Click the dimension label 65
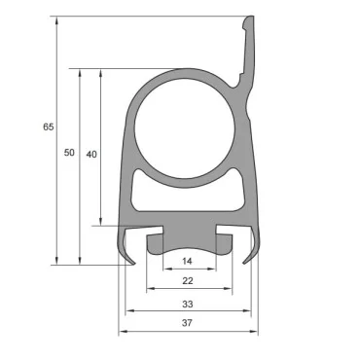pos(47,127)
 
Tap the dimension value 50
pos(69,154)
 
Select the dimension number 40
pos(90,154)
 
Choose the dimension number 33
pos(188,305)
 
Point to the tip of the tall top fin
pos(251,18)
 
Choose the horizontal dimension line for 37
pos(156,332)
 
